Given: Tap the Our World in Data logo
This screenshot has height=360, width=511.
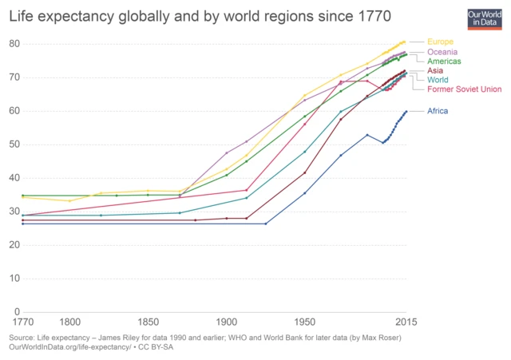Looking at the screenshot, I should click(x=485, y=17).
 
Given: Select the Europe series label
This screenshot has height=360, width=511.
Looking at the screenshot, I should click(x=441, y=42).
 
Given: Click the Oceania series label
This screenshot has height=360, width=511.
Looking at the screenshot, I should click(x=443, y=52).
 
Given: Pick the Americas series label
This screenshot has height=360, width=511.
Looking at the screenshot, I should click(x=444, y=61).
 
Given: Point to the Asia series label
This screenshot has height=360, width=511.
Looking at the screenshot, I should click(x=436, y=71).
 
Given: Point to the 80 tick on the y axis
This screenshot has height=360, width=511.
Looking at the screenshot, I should click(x=14, y=44).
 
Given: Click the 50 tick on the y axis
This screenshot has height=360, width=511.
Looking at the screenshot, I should click(x=14, y=144).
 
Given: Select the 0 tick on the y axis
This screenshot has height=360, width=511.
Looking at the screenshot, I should click(x=17, y=312).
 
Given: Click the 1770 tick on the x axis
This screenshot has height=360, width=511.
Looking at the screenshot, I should click(x=23, y=322).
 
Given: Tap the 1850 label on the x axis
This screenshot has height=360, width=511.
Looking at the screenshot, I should click(x=148, y=322).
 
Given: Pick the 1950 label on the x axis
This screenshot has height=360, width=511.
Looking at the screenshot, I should click(x=304, y=322).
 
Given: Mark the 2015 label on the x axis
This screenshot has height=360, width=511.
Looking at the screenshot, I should click(x=406, y=322).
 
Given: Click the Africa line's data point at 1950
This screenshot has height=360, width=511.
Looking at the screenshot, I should click(x=304, y=193).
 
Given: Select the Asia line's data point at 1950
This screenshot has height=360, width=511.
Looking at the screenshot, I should click(x=304, y=172).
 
